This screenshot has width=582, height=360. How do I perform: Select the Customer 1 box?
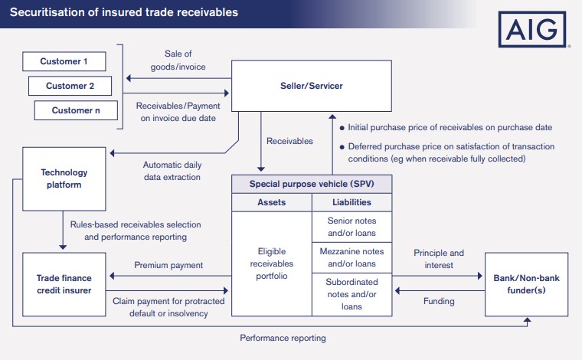(x=64, y=61)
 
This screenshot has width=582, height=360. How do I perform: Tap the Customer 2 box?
(x=70, y=85)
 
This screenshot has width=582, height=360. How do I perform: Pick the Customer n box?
(x=77, y=110)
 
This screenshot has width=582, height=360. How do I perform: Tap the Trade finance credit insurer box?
(x=64, y=283)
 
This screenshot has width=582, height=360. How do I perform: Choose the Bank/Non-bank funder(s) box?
(x=528, y=283)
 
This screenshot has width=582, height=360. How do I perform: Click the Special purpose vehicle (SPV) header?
(x=312, y=184)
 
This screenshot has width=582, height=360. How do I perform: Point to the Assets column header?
(x=271, y=202)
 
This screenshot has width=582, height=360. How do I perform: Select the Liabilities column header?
(x=352, y=202)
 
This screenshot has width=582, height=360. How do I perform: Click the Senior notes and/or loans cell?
(x=352, y=227)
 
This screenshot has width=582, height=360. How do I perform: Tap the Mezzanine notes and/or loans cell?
(x=352, y=257)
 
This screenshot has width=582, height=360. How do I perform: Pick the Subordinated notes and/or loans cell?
(x=352, y=294)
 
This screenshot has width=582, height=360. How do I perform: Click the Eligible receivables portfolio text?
(x=272, y=263)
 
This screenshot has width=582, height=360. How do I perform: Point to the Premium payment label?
(x=168, y=265)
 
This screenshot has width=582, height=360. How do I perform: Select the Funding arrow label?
(x=439, y=301)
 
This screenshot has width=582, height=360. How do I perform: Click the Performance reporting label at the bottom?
(x=283, y=338)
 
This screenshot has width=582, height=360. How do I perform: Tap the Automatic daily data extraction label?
(x=172, y=171)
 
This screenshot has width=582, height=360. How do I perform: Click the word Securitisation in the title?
(x=46, y=13)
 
